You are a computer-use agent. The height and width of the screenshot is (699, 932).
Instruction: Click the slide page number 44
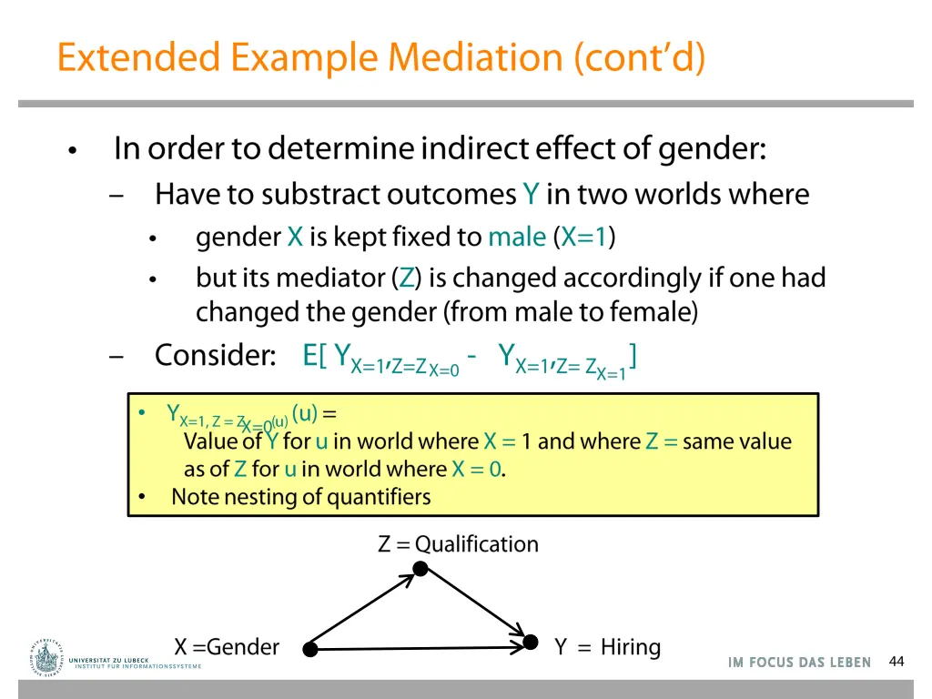click(897, 662)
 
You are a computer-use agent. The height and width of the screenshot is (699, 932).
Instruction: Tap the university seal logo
click(46, 654)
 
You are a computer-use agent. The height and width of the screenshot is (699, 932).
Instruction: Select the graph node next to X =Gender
click(309, 649)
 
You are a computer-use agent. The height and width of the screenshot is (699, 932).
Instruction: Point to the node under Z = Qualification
click(420, 569)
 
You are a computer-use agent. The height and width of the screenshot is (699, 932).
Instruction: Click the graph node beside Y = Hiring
click(531, 643)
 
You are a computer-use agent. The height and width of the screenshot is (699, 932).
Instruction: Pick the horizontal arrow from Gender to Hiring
click(419, 648)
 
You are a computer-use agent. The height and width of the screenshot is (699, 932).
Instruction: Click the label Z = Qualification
click(458, 544)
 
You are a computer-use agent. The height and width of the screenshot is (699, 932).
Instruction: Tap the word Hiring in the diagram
click(630, 647)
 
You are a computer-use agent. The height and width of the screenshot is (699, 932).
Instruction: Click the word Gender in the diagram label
click(243, 647)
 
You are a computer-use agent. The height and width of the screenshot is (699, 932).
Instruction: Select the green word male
click(516, 238)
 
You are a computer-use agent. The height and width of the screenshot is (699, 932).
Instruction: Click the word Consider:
click(215, 355)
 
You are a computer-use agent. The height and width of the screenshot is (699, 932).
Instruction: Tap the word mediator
click(333, 278)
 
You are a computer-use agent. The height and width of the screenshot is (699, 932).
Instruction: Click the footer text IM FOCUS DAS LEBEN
click(799, 663)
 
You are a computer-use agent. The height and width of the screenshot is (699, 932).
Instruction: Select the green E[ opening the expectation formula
click(314, 355)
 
